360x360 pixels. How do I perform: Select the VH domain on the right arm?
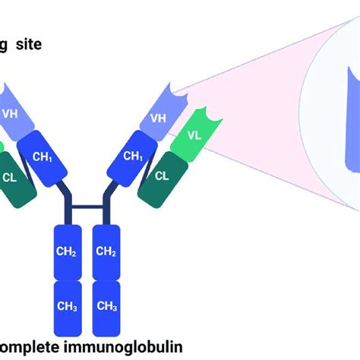(158, 118)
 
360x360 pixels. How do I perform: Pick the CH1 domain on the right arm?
(134, 156)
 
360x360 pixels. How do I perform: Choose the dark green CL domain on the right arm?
(162, 176)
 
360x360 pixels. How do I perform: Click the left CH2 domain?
(66, 251)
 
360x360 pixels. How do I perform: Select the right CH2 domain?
(106, 251)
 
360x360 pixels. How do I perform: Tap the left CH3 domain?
(66, 305)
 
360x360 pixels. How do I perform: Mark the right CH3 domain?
(106, 305)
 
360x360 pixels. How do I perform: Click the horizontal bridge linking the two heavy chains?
(86, 204)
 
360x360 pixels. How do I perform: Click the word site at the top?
(36, 45)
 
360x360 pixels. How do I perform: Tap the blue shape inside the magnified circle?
(338, 122)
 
